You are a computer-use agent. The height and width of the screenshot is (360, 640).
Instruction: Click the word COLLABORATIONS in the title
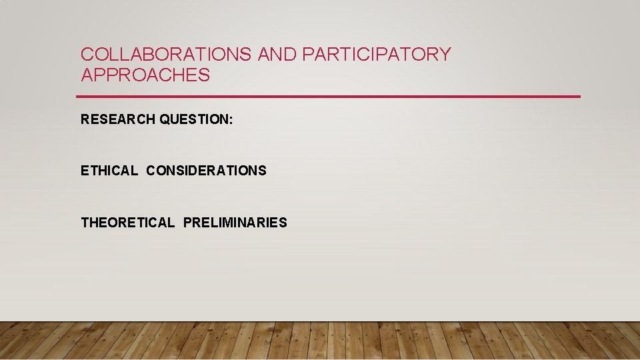pyautogui.click(x=166, y=55)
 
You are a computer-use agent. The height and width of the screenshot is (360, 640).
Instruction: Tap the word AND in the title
pyautogui.click(x=277, y=55)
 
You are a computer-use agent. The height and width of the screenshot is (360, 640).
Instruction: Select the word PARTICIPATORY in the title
pyautogui.click(x=377, y=55)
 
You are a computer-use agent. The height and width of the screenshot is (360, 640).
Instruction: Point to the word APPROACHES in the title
pyautogui.click(x=145, y=75)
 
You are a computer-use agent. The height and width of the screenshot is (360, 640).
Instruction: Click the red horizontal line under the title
pyautogui.click(x=330, y=97)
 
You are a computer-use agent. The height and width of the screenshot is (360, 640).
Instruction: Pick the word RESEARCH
pyautogui.click(x=118, y=119)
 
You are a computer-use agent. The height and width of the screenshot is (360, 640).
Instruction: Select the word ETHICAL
pyautogui.click(x=109, y=171)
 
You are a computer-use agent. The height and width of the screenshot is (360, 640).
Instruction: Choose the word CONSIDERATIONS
pyautogui.click(x=206, y=171)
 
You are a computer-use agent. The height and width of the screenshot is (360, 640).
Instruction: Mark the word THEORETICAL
pyautogui.click(x=127, y=223)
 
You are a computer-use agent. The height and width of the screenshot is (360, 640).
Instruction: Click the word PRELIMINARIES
pyautogui.click(x=235, y=223)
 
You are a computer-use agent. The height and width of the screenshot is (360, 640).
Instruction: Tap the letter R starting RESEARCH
pyautogui.click(x=85, y=119)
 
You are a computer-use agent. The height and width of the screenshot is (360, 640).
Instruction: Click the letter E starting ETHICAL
pyautogui.click(x=84, y=171)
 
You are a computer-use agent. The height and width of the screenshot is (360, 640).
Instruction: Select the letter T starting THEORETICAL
pyautogui.click(x=85, y=223)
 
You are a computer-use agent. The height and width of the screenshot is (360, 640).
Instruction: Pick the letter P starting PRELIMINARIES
pyautogui.click(x=187, y=223)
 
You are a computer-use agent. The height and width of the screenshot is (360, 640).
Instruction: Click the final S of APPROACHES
pyautogui.click(x=204, y=75)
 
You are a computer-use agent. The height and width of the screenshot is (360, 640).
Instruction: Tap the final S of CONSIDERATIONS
pyautogui.click(x=262, y=171)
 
